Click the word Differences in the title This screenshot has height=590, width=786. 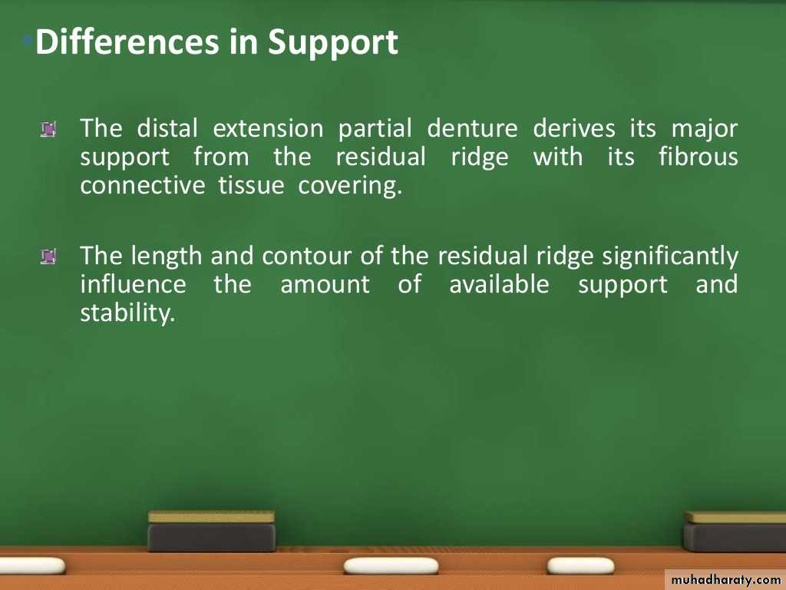tap(127, 41)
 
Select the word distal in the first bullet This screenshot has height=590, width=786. tap(167, 128)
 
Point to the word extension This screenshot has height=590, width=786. tap(268, 128)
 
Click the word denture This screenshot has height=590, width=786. tap(472, 128)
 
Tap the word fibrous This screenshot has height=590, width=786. tap(698, 157)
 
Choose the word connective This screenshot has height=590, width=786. tap(142, 185)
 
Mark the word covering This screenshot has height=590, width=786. tap(350, 187)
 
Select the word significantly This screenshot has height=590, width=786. tap(669, 257)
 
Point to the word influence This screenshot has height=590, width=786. tap(134, 284)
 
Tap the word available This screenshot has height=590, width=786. tap(499, 284)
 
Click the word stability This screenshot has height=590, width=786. tap(127, 313)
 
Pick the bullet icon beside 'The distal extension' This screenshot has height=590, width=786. tap(48, 129)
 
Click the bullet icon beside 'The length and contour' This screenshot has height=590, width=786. tap(48, 257)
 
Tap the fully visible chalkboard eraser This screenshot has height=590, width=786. tap(212, 531)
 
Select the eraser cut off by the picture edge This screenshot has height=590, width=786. tap(735, 532)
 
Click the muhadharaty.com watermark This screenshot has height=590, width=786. tap(725, 580)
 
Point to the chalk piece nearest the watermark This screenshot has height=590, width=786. tap(580, 566)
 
